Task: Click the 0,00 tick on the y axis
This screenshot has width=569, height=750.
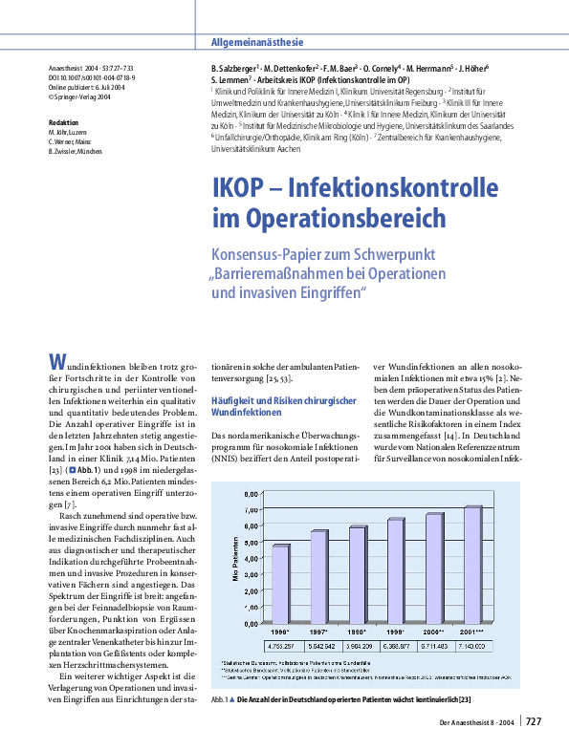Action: [x=251, y=622]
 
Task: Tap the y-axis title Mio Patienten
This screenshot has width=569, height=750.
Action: [x=235, y=558]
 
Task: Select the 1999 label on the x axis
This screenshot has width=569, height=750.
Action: [x=396, y=632]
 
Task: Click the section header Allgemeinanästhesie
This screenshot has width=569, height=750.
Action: [x=256, y=42]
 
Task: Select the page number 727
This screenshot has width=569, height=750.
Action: [x=534, y=721]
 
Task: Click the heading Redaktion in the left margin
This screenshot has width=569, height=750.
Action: [x=64, y=121]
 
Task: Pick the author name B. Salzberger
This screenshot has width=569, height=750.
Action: [x=233, y=70]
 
